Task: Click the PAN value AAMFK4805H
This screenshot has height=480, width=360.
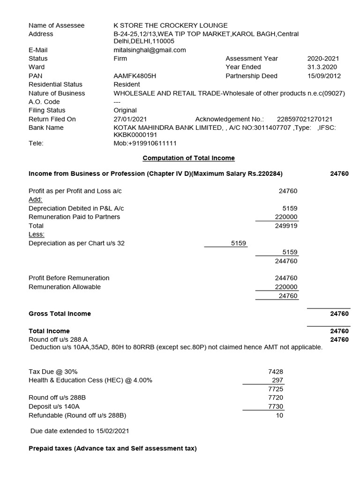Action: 135,76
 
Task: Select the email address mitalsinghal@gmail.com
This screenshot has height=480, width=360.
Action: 150,50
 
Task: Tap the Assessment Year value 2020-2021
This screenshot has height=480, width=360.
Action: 323,59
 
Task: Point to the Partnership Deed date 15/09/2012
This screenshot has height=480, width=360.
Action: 324,76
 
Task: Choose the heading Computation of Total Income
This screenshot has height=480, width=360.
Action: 188,158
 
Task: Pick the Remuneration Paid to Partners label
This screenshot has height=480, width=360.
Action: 74,217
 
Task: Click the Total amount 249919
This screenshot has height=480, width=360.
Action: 286,225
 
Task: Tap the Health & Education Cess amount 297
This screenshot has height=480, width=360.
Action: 277,380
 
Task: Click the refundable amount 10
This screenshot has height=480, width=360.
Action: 279,415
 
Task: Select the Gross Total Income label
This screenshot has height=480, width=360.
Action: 60,314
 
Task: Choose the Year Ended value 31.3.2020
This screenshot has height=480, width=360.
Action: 323,67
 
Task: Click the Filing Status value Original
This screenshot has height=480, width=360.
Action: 125,111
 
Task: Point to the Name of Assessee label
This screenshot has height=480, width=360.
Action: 56,25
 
